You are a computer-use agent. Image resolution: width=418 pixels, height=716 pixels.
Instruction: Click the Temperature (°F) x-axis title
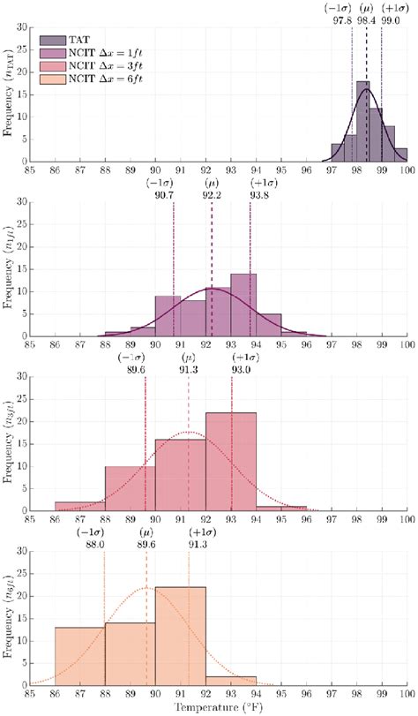pyautogui.click(x=218, y=707)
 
